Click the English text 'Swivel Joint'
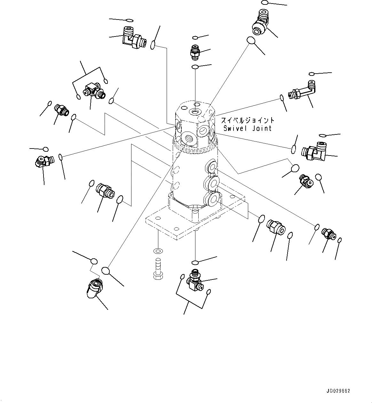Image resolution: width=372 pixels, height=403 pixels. [x=247, y=128]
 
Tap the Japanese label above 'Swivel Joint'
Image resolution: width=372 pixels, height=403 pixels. [x=248, y=121]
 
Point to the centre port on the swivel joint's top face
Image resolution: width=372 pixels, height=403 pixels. [x=195, y=112]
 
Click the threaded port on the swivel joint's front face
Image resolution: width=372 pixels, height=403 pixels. [x=187, y=139]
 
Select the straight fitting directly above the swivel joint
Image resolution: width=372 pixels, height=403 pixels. [x=195, y=52]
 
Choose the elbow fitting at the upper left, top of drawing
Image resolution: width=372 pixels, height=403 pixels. [x=133, y=39]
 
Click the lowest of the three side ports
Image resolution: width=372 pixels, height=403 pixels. [x=212, y=199]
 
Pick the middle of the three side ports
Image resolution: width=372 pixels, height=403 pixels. [x=211, y=183]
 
